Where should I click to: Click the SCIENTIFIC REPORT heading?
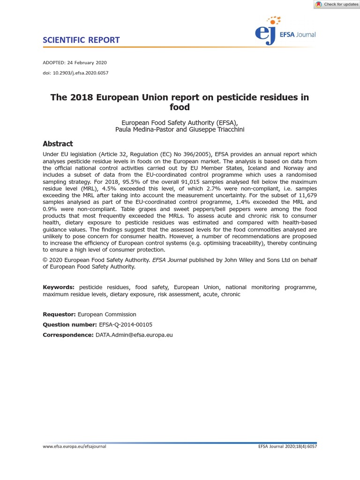[x=81, y=40]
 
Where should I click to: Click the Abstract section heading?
[x=58, y=144]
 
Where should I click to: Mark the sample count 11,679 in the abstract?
[x=306, y=195]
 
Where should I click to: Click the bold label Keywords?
[x=59, y=287]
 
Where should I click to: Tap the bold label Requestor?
[x=59, y=315]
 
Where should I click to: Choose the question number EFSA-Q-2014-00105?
[x=126, y=324]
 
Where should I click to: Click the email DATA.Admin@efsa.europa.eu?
[x=134, y=335]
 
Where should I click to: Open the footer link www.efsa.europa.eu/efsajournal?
[x=75, y=447]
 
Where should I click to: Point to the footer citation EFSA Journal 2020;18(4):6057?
[x=287, y=447]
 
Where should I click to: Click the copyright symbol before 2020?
[x=45, y=260]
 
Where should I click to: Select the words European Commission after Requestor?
[x=107, y=315]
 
